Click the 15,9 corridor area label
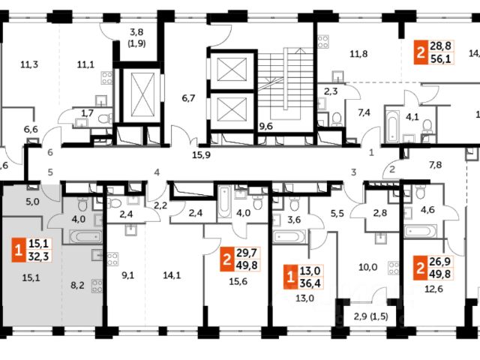(x=201, y=155)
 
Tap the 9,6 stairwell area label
(x=265, y=127)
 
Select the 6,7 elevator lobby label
(x=188, y=98)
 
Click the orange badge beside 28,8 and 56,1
(x=421, y=53)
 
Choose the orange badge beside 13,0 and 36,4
(x=290, y=277)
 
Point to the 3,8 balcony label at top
(x=136, y=32)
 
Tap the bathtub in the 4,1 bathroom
(x=392, y=124)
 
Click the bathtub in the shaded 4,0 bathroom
(x=85, y=237)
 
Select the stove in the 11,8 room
(x=323, y=42)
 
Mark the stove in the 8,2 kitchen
(x=97, y=286)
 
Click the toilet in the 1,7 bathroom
(x=106, y=118)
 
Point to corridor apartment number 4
(x=157, y=172)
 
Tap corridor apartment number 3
(x=353, y=172)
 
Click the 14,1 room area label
(x=172, y=275)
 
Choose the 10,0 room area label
(x=368, y=267)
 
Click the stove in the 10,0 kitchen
(x=394, y=268)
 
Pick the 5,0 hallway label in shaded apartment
(x=32, y=202)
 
